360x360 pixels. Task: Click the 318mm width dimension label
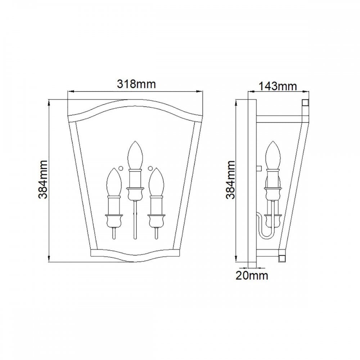(136, 84)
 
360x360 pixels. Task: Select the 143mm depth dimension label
(278, 86)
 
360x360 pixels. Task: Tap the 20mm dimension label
(252, 275)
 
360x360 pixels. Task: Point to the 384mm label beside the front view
(43, 180)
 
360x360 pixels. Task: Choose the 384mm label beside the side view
(230, 180)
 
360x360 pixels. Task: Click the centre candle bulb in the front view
(135, 155)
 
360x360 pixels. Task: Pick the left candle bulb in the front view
(114, 182)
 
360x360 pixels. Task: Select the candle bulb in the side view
(273, 155)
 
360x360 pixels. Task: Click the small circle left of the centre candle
(120, 168)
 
